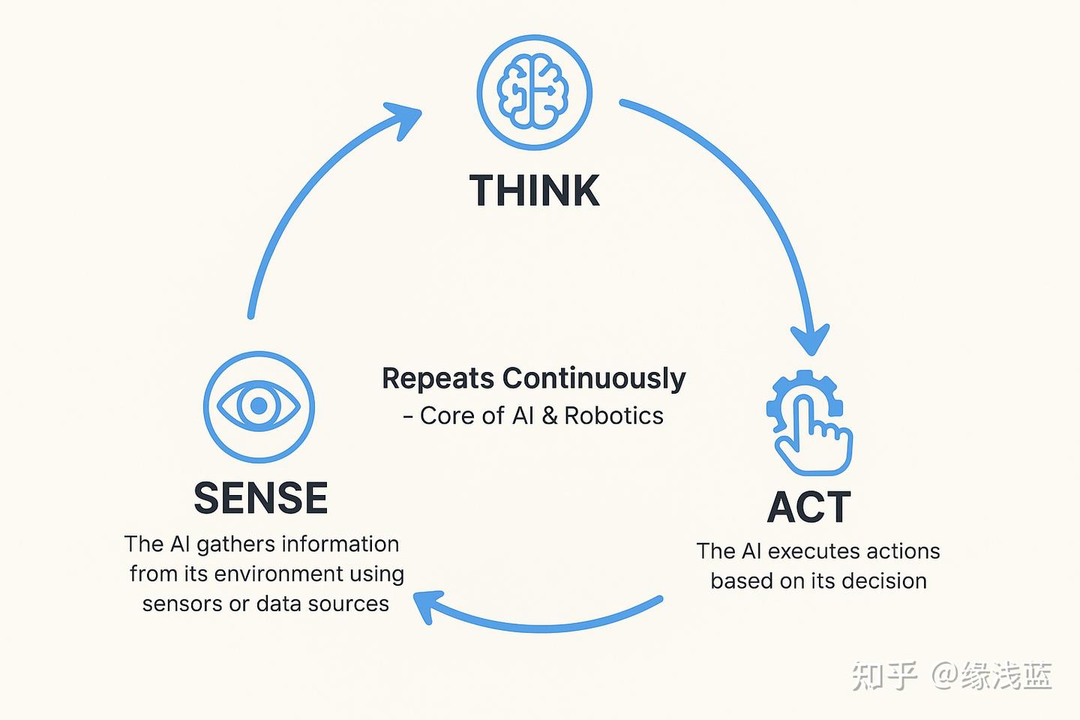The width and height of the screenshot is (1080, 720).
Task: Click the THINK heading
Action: pos(534,190)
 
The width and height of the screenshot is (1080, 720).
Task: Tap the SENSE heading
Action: pos(261,498)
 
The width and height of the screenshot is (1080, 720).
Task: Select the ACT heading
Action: pos(808,506)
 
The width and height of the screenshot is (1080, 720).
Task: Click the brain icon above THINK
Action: pos(533,91)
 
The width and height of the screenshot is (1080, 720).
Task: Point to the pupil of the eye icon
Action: pos(259,406)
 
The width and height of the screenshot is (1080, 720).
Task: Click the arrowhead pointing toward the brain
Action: pos(405,118)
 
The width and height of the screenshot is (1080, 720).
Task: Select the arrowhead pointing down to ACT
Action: pos(811,339)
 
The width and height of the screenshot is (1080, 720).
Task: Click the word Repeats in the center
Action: pos(438,379)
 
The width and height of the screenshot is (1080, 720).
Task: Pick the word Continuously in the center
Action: pos(594,379)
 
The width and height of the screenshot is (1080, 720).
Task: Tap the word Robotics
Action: pos(613,415)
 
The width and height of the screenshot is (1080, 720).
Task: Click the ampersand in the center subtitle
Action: pos(549,415)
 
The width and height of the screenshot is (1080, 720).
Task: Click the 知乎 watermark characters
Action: pos(883,676)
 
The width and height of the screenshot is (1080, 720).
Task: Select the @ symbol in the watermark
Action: pos(946,676)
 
